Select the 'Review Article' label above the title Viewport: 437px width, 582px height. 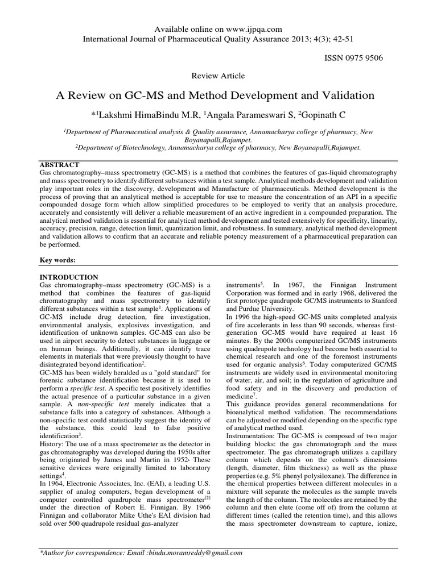point(218,75)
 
